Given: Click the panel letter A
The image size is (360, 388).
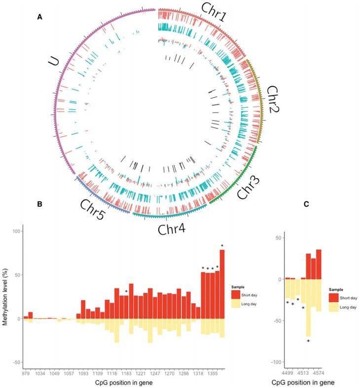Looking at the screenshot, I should pos(39,17).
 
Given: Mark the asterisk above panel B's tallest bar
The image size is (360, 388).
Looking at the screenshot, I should pos(222,246).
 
